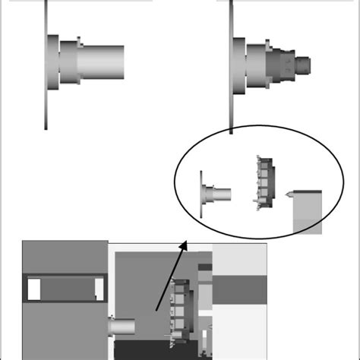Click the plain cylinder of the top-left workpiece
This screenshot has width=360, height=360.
pyautogui.click(x=103, y=61)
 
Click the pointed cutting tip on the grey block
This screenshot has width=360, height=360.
pyautogui.click(x=289, y=196)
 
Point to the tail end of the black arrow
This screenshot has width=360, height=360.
pyautogui.click(x=157, y=310)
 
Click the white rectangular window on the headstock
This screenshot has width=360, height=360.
pyautogui.click(x=33, y=289)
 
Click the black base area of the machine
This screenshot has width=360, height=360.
pyautogui.click(x=159, y=350)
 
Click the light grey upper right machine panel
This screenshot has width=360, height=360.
pyautogui.click(x=239, y=259)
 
